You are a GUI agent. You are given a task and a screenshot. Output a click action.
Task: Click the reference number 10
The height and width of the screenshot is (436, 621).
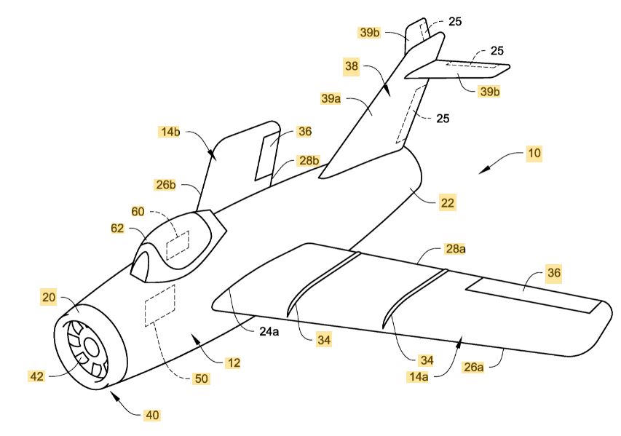(534, 154)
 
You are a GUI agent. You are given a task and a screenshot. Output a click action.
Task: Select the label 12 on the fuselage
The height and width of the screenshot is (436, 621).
(233, 362)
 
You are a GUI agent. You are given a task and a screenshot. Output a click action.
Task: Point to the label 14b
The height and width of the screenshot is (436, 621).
(170, 132)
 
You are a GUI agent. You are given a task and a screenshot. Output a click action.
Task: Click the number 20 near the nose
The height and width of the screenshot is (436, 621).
(49, 297)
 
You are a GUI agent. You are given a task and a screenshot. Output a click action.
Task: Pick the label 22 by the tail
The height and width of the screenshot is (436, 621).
(447, 204)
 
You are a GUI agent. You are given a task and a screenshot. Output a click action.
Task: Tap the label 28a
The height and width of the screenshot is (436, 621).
(454, 249)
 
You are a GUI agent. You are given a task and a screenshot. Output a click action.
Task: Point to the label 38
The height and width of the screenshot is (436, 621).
(352, 65)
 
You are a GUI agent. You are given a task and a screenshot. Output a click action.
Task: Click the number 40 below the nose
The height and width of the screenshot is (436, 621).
(151, 415)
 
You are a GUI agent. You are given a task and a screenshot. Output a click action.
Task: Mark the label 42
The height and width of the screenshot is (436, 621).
(36, 376)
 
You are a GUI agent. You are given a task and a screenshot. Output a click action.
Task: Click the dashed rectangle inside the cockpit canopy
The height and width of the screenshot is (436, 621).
(178, 245)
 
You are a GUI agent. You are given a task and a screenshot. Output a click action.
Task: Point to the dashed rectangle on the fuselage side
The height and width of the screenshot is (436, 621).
(161, 305)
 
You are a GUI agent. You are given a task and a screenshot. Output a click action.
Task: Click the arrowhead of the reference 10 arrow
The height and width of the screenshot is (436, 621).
(481, 172)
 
